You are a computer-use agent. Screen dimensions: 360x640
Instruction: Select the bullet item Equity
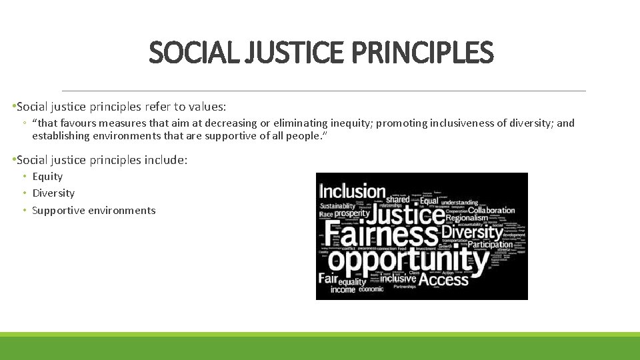pos(47,177)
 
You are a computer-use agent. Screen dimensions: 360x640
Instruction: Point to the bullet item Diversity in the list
pos(53,193)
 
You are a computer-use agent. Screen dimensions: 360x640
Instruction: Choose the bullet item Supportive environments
pos(93,211)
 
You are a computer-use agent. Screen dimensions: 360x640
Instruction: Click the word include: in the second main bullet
pos(167,160)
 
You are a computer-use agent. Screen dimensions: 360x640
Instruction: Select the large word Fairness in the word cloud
pos(380,234)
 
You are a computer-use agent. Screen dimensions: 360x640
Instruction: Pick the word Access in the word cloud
pos(444,279)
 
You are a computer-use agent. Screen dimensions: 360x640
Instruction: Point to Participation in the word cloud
pos(490,244)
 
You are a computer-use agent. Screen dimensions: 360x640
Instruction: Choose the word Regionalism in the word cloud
pos(467,218)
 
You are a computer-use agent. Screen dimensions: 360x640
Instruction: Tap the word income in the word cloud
pos(343,289)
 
